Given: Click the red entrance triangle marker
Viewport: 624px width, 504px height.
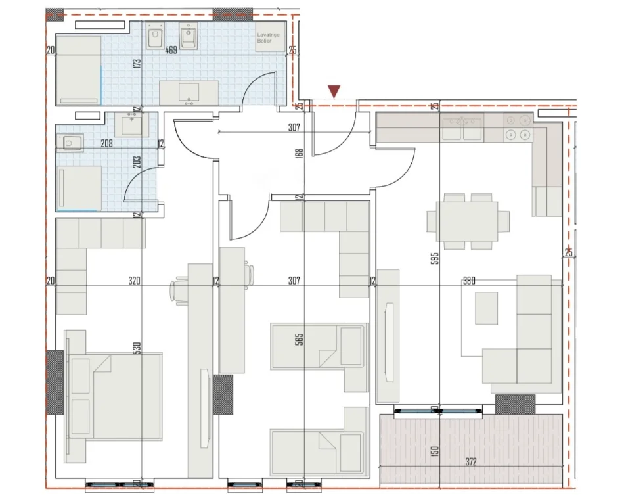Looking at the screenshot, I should click(x=334, y=91).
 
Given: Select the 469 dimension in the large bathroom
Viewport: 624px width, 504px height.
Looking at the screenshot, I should click(x=171, y=49).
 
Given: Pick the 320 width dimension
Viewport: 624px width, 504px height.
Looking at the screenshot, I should click(x=134, y=281).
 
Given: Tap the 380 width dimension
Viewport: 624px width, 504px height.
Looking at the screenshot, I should click(x=469, y=281).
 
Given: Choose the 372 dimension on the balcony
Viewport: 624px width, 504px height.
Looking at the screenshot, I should click(x=469, y=463).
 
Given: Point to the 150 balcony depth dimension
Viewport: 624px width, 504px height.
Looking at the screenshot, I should click(x=435, y=453).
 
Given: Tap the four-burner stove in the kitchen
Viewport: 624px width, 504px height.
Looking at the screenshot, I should click(x=518, y=127).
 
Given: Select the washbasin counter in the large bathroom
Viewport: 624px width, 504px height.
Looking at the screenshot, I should click(x=189, y=93).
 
